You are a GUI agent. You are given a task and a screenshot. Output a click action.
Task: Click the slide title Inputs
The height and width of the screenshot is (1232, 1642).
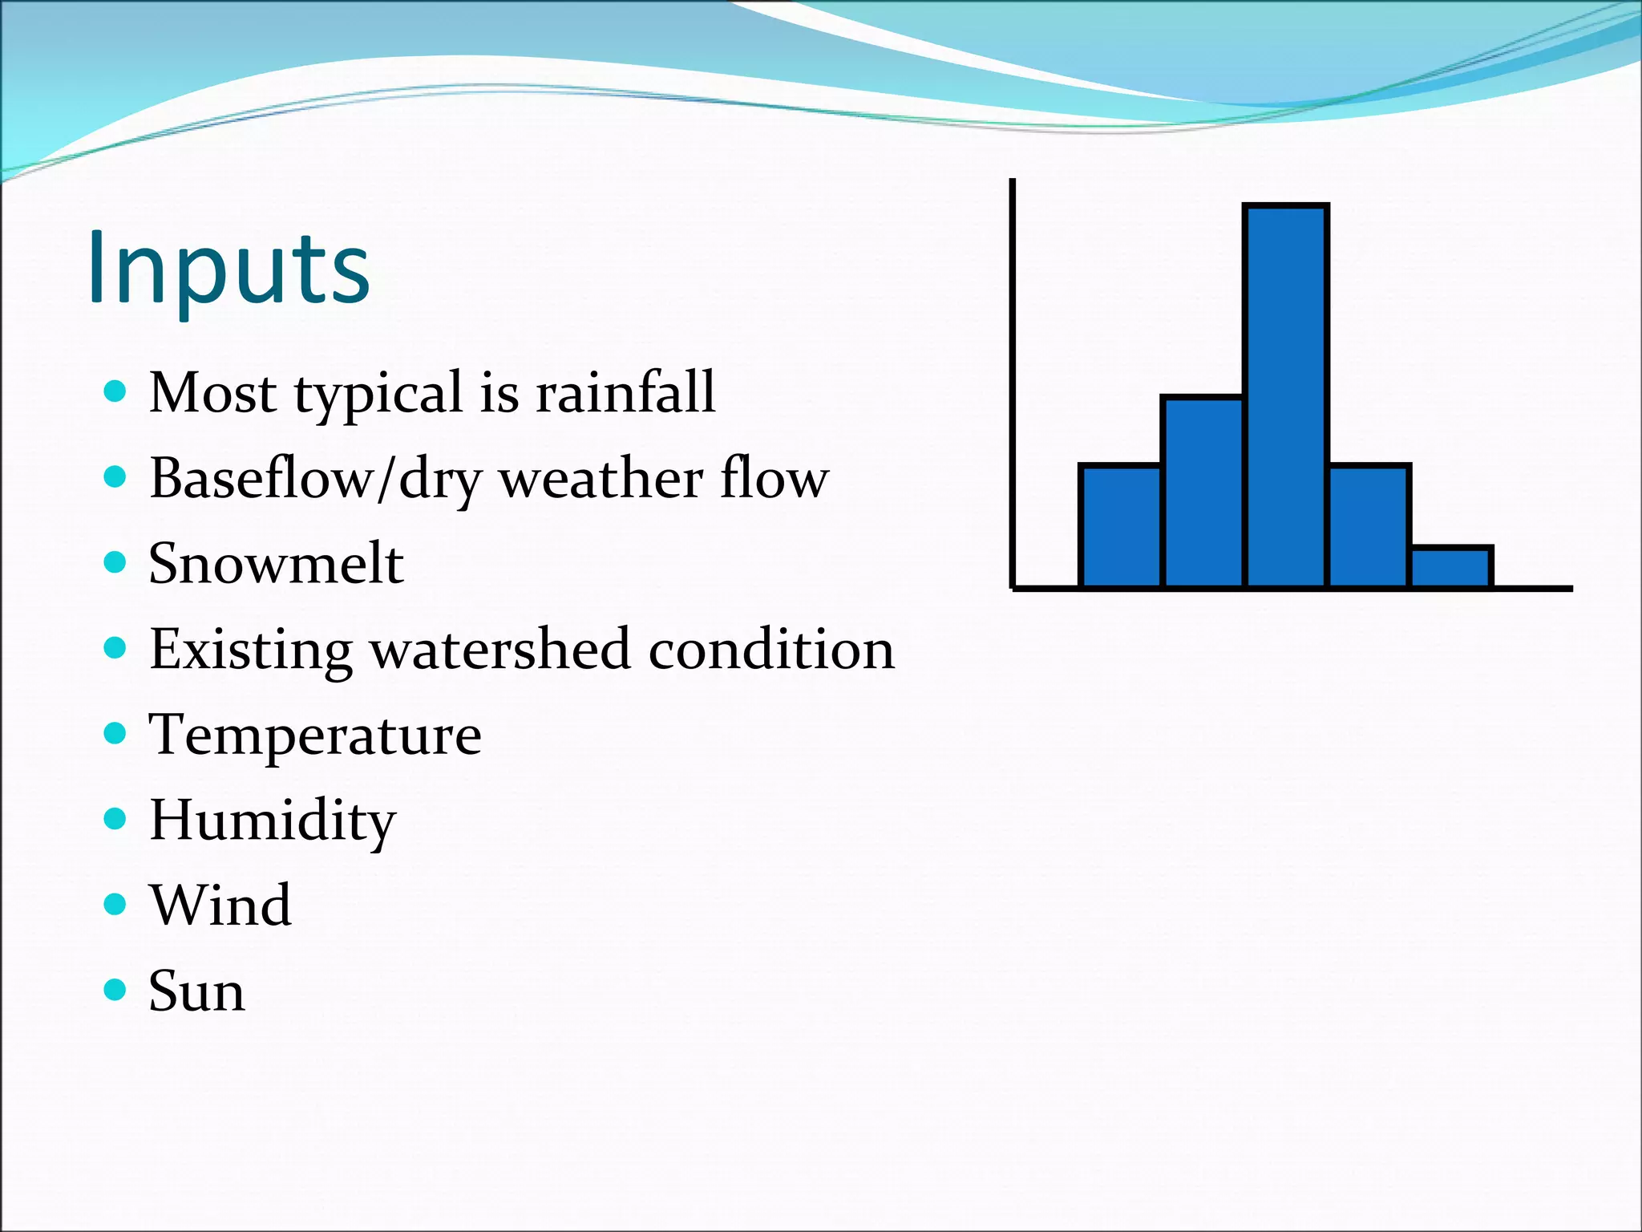pos(229,269)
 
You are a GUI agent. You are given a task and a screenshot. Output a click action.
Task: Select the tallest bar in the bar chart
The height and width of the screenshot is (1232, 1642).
pos(1286,397)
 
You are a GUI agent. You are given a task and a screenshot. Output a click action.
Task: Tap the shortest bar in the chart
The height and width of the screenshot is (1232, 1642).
pos(1451,568)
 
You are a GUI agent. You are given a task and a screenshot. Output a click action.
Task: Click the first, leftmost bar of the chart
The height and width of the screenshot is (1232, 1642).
pos(1121,527)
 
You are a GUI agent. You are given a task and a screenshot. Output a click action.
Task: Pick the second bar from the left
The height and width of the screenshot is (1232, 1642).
pos(1203,492)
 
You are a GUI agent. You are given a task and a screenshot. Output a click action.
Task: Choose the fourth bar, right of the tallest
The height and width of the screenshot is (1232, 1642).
pos(1369,527)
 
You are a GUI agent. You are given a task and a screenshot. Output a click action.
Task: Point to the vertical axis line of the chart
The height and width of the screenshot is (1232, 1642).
pos(1013,385)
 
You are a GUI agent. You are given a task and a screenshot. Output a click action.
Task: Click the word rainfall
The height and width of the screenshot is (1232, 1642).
pos(625,393)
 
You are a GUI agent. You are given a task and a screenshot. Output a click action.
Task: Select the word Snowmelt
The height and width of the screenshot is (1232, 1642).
pos(276,564)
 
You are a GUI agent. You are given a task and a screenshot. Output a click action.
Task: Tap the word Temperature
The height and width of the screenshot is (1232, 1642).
pos(315,735)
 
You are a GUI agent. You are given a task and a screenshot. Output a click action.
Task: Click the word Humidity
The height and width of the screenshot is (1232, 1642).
pos(273,821)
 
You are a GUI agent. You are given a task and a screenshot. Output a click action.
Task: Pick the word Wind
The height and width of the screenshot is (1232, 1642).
pos(220,906)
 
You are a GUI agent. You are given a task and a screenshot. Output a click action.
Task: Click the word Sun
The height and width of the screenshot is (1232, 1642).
pos(196,991)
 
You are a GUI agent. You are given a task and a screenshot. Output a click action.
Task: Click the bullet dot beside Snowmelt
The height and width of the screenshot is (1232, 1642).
pos(115,562)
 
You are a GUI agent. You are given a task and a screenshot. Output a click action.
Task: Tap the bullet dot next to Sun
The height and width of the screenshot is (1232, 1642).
pos(115,990)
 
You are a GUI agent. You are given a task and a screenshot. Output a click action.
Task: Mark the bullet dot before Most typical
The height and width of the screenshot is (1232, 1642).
pos(115,391)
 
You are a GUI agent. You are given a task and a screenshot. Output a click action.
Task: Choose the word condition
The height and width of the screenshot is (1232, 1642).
pos(771,649)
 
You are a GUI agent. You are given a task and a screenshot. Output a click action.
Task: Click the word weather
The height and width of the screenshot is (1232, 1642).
pos(601,479)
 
